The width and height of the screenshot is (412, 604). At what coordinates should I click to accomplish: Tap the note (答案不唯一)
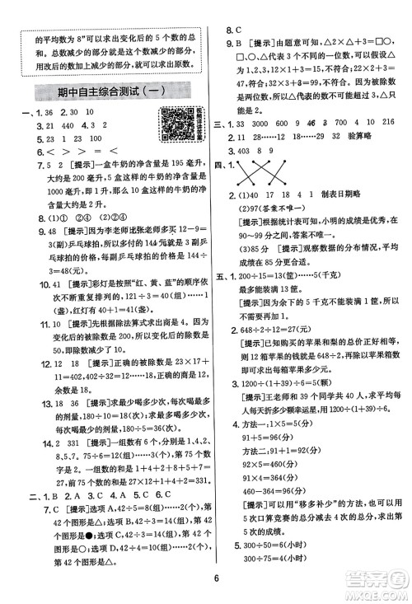pos(273,208)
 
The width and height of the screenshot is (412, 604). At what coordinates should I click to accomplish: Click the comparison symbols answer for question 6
pos(56,152)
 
